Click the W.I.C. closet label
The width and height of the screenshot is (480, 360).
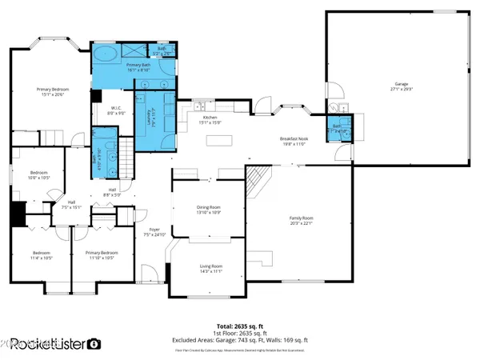pyautogui.click(x=116, y=110)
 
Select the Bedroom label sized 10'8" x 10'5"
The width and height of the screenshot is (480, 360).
pyautogui.click(x=40, y=175)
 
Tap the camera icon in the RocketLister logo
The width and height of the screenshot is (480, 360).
pyautogui.click(x=94, y=344)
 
